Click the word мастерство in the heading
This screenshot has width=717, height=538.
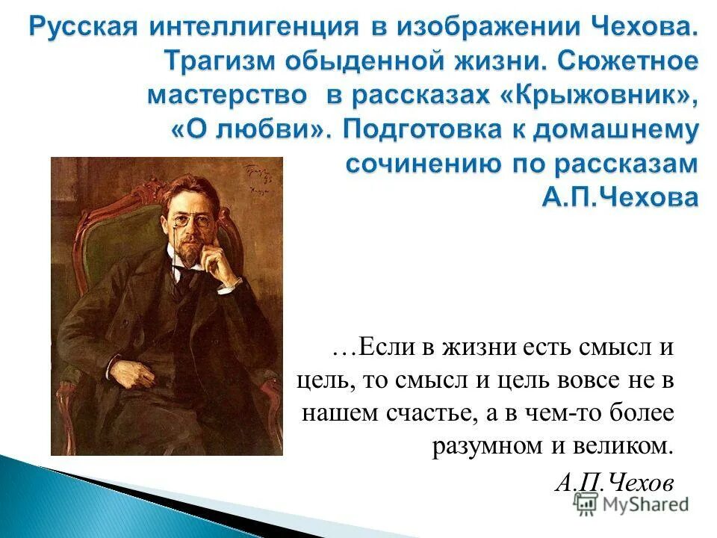coord(227,96)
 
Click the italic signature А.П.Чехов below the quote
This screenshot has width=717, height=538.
coord(614,480)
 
